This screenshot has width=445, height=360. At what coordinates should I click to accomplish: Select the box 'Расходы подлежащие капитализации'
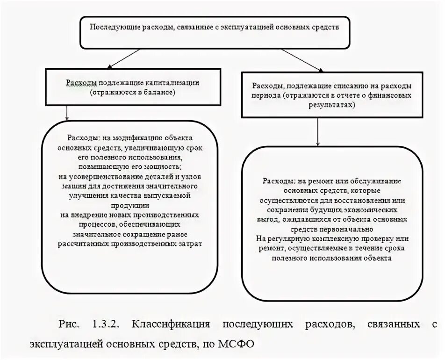pyautogui.click(x=133, y=88)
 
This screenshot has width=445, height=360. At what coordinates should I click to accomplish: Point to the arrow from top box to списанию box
pyautogui.click(x=290, y=59)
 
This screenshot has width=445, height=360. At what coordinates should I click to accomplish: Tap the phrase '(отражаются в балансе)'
pyautogui.click(x=133, y=93)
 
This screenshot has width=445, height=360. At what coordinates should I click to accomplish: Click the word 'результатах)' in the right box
pyautogui.click(x=332, y=106)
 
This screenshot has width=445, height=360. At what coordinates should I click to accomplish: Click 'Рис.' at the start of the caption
pyautogui.click(x=68, y=324)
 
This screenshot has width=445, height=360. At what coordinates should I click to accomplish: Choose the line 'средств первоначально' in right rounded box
pyautogui.click(x=332, y=229)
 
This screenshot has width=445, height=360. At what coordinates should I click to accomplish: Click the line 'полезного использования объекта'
pyautogui.click(x=332, y=258)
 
